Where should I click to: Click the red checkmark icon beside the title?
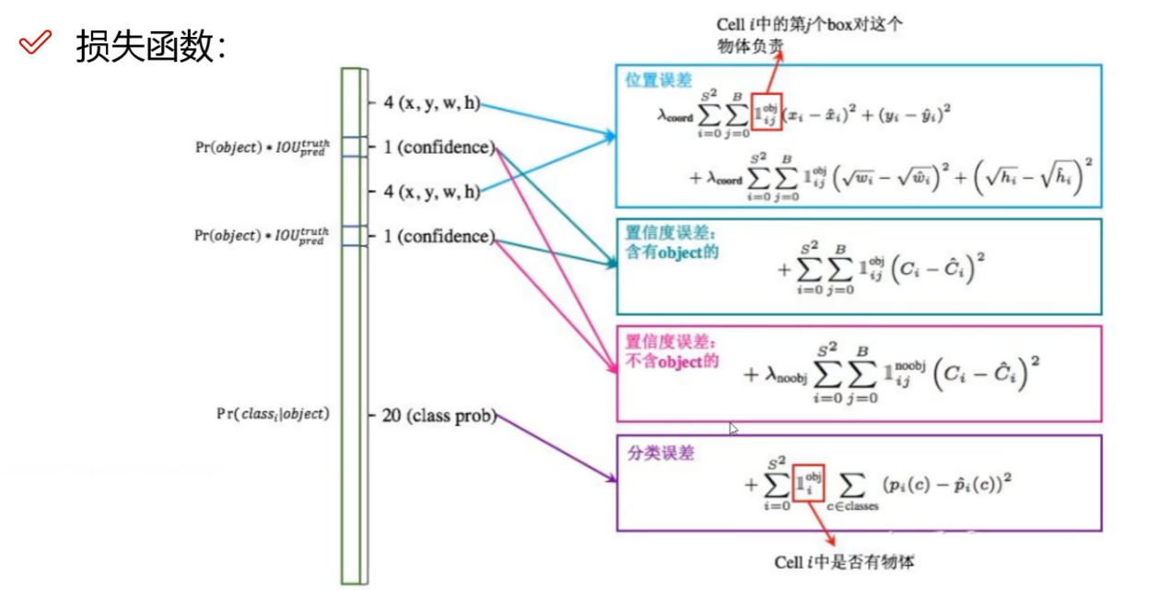tap(35, 43)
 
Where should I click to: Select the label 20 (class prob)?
tap(438, 416)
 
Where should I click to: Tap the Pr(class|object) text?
tap(273, 414)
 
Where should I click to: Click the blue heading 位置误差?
tap(659, 80)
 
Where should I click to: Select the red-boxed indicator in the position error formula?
tap(767, 112)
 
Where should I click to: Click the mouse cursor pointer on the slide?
tap(733, 428)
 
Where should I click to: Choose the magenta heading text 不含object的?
tap(672, 361)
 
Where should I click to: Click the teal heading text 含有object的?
tap(672, 252)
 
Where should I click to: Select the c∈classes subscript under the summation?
tap(852, 505)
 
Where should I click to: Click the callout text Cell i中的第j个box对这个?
tap(809, 26)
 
